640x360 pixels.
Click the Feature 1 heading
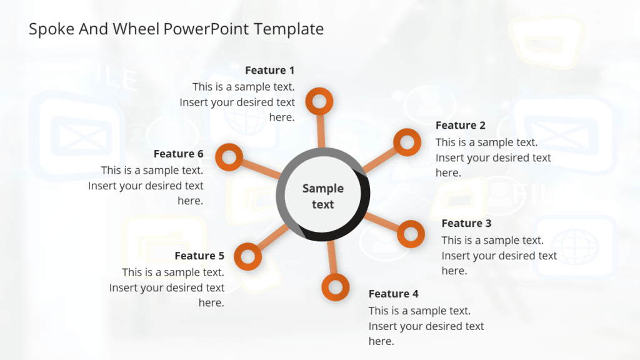pyautogui.click(x=269, y=70)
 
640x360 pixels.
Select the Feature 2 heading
pyautogui.click(x=460, y=125)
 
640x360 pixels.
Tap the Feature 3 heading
pyautogui.click(x=466, y=223)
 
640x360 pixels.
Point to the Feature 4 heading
pyautogui.click(x=393, y=294)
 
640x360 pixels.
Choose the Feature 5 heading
pyautogui.click(x=199, y=256)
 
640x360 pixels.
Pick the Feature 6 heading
pyautogui.click(x=178, y=154)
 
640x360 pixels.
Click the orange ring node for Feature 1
pyautogui.click(x=319, y=101)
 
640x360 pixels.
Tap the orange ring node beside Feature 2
pyautogui.click(x=407, y=142)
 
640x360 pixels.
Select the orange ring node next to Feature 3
pyautogui.click(x=411, y=234)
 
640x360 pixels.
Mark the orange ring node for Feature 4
pyautogui.click(x=336, y=287)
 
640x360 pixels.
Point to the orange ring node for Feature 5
pyautogui.click(x=248, y=256)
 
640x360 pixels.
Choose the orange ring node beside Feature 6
pyautogui.click(x=229, y=156)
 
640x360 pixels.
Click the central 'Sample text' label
pyautogui.click(x=323, y=196)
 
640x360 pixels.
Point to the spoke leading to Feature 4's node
pyautogui.click(x=332, y=259)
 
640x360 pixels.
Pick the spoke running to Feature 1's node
pyautogui.click(x=321, y=131)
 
